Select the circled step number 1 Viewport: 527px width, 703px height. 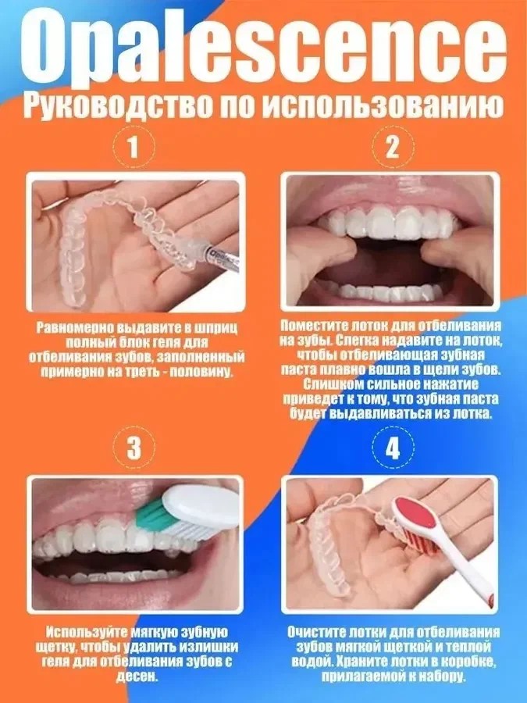(x=133, y=147)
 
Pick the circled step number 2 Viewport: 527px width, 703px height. (x=392, y=147)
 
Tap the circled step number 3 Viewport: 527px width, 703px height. (x=133, y=447)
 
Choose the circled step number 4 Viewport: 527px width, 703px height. (x=392, y=447)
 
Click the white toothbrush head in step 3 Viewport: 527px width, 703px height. (x=201, y=508)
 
